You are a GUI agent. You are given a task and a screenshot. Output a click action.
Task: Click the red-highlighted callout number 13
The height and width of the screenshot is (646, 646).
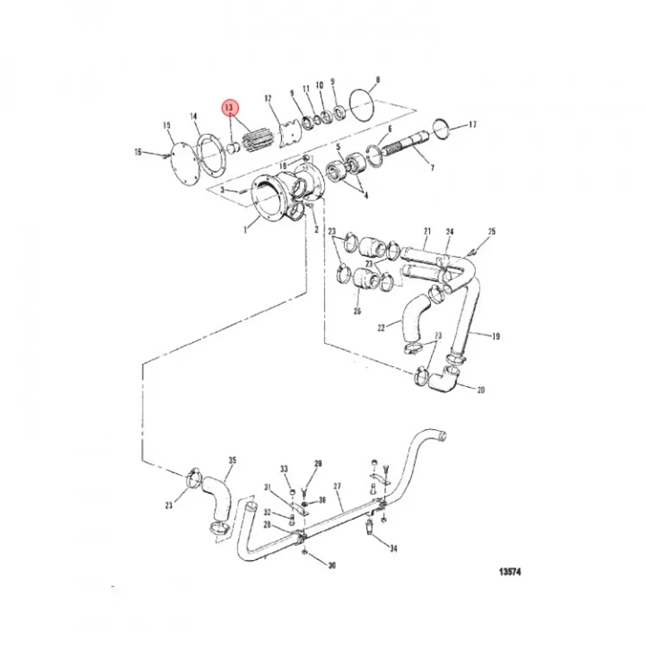pyautogui.click(x=230, y=107)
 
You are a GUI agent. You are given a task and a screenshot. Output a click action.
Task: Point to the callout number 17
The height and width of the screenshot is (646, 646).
pyautogui.click(x=472, y=125)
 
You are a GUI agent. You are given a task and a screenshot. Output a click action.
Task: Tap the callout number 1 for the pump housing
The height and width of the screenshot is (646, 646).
pyautogui.click(x=245, y=230)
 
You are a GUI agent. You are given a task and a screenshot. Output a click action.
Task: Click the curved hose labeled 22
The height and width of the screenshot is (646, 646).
pyautogui.click(x=414, y=318)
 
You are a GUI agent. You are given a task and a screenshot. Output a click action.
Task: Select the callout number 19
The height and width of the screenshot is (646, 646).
pyautogui.click(x=495, y=336)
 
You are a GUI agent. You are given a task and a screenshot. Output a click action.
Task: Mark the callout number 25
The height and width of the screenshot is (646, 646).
pyautogui.click(x=491, y=232)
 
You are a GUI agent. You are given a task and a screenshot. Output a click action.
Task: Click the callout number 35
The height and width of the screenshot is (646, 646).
pyautogui.click(x=232, y=460)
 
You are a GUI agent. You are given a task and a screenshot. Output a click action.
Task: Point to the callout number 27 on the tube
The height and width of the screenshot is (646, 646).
pyautogui.click(x=338, y=487)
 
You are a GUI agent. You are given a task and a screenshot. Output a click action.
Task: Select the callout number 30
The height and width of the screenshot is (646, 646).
pyautogui.click(x=332, y=565)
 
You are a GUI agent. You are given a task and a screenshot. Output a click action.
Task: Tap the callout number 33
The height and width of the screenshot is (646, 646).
pyautogui.click(x=284, y=469)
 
